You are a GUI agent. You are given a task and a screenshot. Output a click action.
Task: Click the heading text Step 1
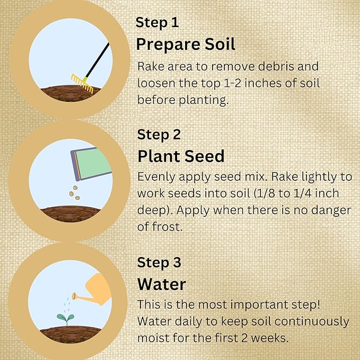pos(157,22)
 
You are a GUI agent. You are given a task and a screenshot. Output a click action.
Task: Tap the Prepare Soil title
pos(186,44)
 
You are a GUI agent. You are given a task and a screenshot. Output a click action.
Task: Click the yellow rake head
pos(82,84)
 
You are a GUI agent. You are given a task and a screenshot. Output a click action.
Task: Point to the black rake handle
pos(98,60)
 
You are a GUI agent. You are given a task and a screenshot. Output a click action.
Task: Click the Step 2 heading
pos(159,135)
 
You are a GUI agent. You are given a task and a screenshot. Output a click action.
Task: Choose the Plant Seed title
pos(181,156)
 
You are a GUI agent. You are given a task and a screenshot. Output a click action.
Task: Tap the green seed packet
pos(91,164)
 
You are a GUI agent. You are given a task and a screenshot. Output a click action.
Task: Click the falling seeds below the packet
pos(75,192)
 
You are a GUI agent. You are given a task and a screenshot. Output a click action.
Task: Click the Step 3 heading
pos(159,262)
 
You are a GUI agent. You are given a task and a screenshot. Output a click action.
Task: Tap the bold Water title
pos(161,284)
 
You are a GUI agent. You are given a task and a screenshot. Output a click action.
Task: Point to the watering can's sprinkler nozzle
pos(74,296)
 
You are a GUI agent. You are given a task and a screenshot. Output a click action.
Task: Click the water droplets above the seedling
pos(67,305)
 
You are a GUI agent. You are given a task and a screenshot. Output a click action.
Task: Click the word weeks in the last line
pos(269,338)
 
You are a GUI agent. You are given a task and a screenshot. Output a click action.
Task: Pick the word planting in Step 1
pos(204,100)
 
